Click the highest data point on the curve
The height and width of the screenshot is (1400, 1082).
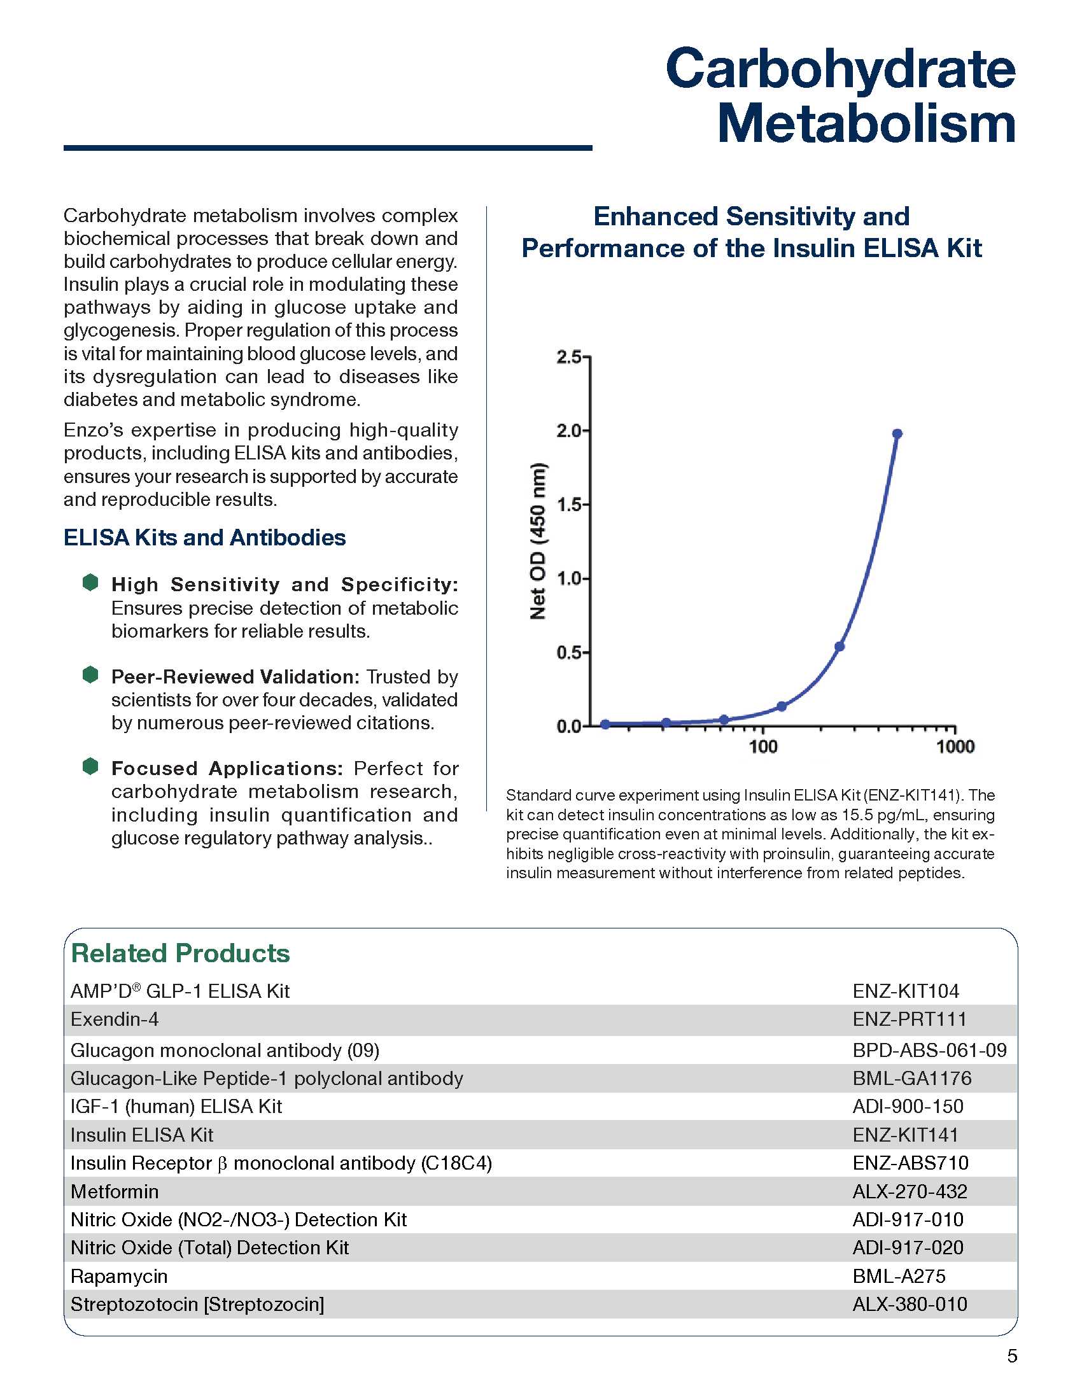(x=897, y=434)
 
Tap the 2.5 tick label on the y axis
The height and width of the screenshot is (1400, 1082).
(x=568, y=357)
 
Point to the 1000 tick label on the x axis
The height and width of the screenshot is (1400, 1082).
(x=955, y=746)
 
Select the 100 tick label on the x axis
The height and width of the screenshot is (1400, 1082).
(x=762, y=746)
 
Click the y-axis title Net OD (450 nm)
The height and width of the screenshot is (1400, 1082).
(x=538, y=541)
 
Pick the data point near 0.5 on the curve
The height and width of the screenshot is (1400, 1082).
(x=839, y=646)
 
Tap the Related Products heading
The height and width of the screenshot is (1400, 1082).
(x=180, y=953)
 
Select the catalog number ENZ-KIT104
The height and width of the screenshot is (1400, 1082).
(x=905, y=991)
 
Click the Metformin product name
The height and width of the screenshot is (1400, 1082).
(x=115, y=1192)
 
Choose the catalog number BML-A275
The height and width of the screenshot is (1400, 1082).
(x=899, y=1277)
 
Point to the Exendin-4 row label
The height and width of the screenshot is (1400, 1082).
(x=115, y=1019)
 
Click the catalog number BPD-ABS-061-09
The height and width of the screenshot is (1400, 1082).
(x=929, y=1050)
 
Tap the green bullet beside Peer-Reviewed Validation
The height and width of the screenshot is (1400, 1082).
(x=90, y=675)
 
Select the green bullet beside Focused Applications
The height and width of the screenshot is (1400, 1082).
(x=90, y=766)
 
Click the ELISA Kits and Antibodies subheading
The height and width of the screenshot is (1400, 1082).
(x=204, y=537)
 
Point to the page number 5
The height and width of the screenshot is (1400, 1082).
(x=1012, y=1357)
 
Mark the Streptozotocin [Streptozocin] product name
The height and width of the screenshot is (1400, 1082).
(x=197, y=1305)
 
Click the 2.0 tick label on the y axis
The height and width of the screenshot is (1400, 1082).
(x=568, y=431)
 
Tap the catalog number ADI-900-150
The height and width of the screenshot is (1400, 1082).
(x=908, y=1107)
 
